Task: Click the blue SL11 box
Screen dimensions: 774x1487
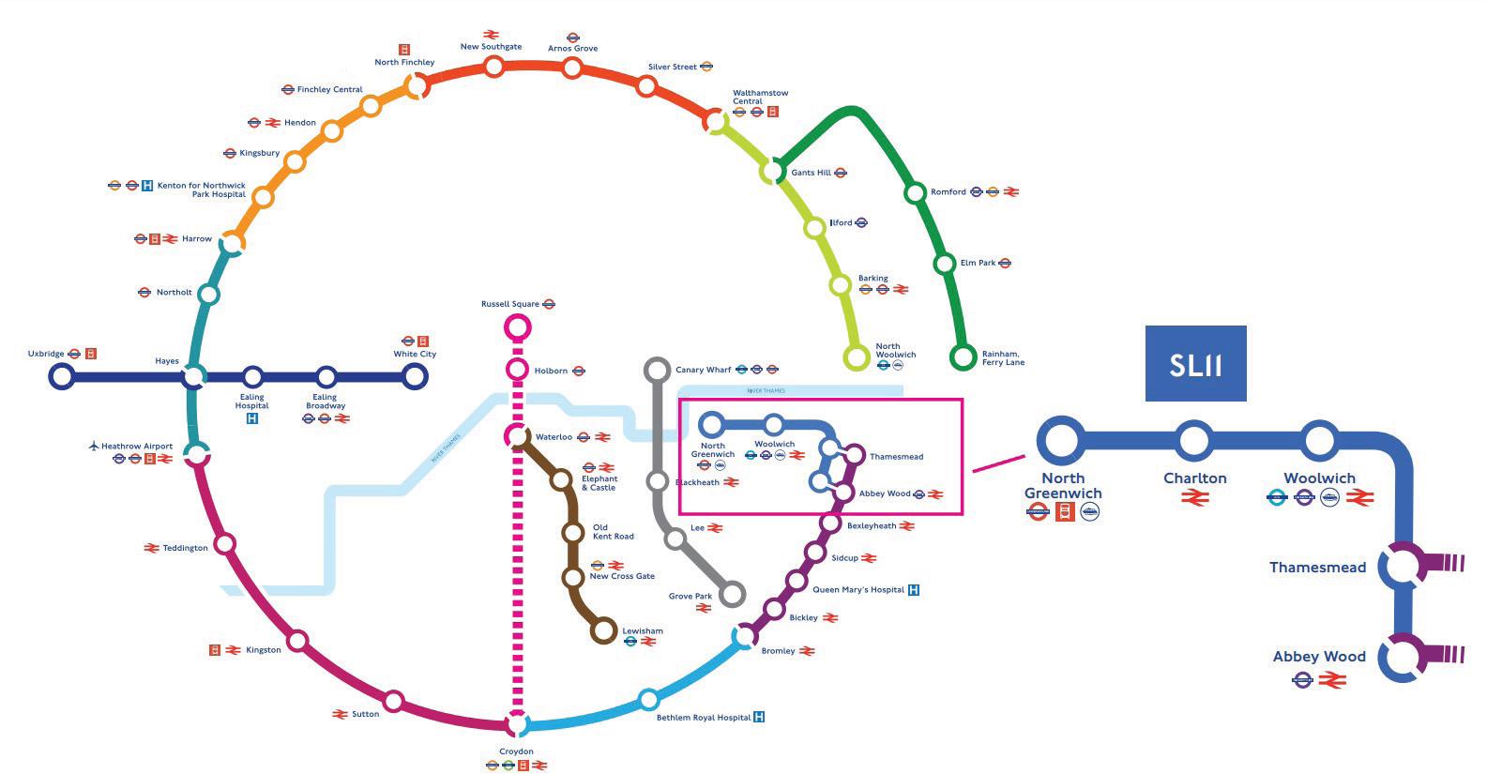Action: coord(1195,363)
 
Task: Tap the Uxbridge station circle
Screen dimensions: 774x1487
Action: coord(62,376)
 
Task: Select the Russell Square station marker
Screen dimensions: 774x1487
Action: coord(517,327)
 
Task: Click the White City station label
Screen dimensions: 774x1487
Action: coord(415,354)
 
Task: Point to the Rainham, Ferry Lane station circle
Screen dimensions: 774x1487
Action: coord(963,357)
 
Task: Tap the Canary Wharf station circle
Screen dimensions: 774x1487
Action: coord(658,369)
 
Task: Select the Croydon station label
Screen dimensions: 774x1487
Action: coord(516,751)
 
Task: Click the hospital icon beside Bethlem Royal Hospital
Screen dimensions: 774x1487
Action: coord(759,718)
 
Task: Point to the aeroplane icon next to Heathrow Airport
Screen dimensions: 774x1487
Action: coord(94,446)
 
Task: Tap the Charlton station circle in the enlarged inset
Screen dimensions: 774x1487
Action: coord(1194,439)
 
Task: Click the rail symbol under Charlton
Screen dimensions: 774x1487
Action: coord(1194,498)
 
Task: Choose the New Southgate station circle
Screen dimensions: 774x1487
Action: coord(493,66)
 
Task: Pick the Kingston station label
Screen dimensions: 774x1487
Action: coord(263,650)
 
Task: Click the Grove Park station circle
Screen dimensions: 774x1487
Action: coord(733,593)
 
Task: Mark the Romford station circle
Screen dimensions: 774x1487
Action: coord(915,193)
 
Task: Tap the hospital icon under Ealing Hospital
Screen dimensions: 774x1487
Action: coord(251,418)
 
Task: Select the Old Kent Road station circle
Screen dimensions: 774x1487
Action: coord(572,533)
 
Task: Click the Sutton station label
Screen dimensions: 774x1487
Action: coord(365,714)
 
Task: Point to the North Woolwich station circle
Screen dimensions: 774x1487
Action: coord(857,357)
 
